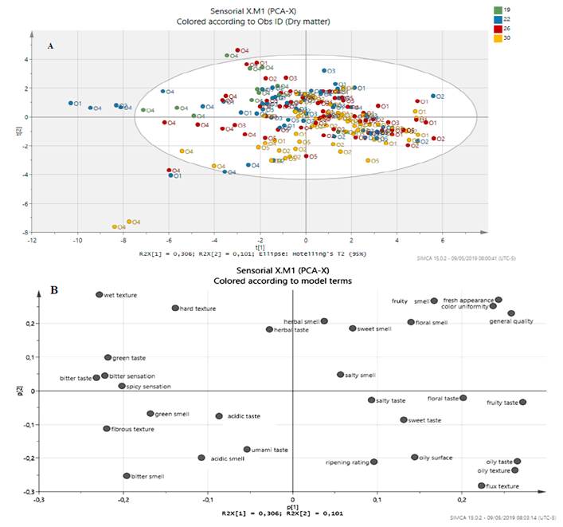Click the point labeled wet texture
[x=100, y=295]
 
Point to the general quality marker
[x=511, y=313]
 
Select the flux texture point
[x=482, y=486]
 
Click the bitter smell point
[x=127, y=476]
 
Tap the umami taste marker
[x=247, y=450]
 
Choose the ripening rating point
[x=374, y=462]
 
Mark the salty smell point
[x=340, y=375]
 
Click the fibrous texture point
[x=107, y=429]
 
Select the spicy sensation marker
[x=122, y=386]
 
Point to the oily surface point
[x=415, y=457]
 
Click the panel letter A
[x=51, y=46]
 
